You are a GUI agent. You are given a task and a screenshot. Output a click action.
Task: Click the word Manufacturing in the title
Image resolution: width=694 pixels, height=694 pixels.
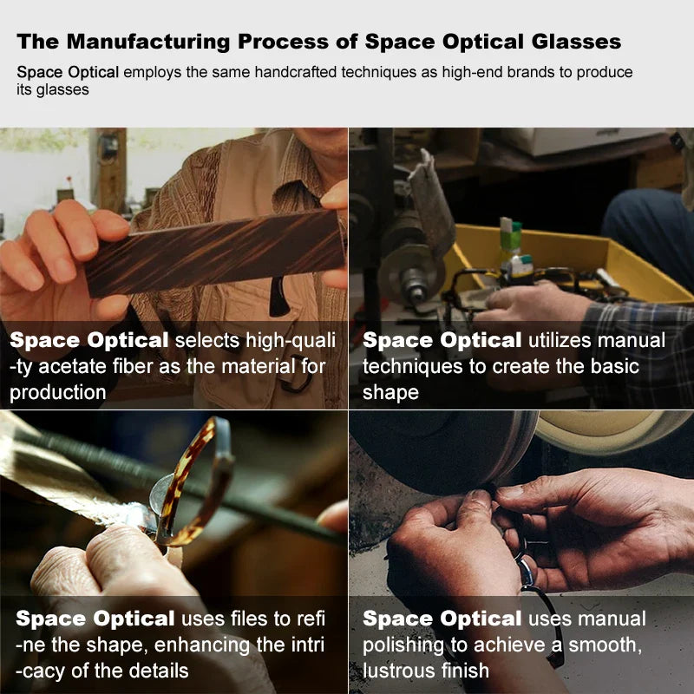click(148, 42)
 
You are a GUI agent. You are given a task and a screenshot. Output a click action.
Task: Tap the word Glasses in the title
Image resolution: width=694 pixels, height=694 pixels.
click(576, 42)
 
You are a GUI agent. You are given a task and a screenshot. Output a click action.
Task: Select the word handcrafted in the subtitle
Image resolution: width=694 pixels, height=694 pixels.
click(295, 72)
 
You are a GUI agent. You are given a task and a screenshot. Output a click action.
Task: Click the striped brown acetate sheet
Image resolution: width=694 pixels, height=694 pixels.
click(215, 252)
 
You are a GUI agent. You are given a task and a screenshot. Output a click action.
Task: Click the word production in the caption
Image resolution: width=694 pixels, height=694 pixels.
click(58, 393)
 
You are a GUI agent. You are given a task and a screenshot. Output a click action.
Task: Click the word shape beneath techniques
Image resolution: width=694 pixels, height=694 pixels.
click(390, 393)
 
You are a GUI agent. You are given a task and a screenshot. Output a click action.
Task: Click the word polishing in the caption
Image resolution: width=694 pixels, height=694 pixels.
click(403, 645)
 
